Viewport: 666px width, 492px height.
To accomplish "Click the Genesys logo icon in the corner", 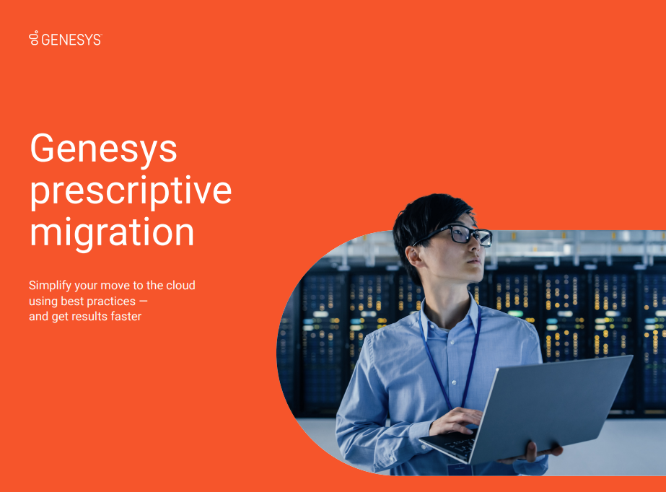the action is point(34,38).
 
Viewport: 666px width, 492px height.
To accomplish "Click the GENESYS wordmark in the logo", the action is point(71,40).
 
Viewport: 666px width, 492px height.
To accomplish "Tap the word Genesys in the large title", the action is point(103,149).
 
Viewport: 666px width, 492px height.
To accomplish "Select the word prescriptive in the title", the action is point(131,191).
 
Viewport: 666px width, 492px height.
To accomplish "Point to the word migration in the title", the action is point(112,232).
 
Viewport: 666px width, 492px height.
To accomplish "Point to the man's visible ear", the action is point(413,255).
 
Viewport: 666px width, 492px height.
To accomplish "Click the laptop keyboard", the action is point(457,444).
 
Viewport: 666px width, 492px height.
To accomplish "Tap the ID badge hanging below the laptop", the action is point(460,469).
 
